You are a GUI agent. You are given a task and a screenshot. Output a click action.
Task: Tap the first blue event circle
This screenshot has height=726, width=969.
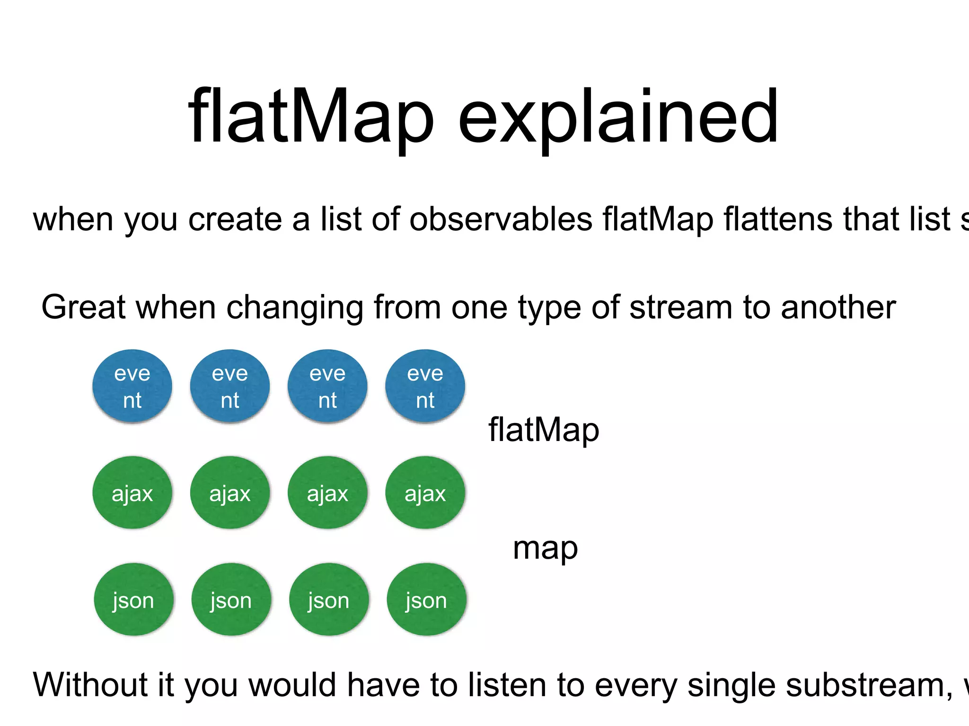132,386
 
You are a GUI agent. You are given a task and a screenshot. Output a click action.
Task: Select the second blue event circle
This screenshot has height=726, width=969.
230,386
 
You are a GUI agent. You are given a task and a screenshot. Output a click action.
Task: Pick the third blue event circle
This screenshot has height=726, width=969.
327,386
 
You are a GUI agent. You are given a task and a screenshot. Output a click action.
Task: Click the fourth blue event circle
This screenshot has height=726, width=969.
425,386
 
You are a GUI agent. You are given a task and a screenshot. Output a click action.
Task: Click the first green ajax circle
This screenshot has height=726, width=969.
132,493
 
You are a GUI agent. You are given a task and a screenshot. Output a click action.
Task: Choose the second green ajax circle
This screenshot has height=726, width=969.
230,493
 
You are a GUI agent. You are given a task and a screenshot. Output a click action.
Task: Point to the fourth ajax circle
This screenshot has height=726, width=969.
425,493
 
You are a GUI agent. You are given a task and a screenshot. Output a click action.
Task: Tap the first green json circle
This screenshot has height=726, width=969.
133,600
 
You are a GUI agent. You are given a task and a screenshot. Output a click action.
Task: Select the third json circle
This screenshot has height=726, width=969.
329,600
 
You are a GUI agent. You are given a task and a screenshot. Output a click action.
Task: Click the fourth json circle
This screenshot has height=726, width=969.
426,600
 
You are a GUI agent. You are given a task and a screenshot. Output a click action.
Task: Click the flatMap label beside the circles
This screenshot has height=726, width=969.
544,430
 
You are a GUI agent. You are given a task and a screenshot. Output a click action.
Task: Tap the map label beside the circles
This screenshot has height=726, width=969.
545,548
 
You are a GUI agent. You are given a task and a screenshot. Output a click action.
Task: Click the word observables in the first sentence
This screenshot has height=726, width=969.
501,219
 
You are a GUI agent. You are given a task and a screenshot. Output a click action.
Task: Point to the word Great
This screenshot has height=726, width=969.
83,307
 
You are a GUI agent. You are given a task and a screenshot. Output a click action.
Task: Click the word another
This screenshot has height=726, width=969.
838,307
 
